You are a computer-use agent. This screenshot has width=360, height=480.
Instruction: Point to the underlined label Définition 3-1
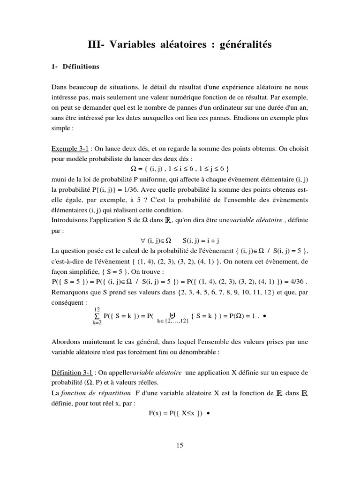[x=73, y=373]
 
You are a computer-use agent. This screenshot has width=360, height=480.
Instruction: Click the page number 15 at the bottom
[x=180, y=445]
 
